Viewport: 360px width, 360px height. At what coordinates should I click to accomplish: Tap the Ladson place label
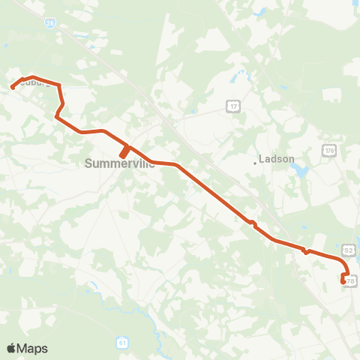[x=276, y=159]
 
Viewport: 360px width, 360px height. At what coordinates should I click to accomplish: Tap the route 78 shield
[x=351, y=280]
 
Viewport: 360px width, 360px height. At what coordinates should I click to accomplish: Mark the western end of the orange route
[x=13, y=88]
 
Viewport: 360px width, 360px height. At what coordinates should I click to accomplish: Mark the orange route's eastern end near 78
[x=343, y=282]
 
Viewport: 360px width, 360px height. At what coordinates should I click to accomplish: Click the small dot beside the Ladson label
[x=254, y=160]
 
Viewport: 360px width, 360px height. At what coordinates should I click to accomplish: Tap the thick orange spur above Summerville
[x=124, y=151]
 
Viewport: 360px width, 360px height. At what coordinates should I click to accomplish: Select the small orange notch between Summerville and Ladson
[x=253, y=222]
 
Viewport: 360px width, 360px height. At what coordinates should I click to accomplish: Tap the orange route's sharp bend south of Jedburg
[x=56, y=116]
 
